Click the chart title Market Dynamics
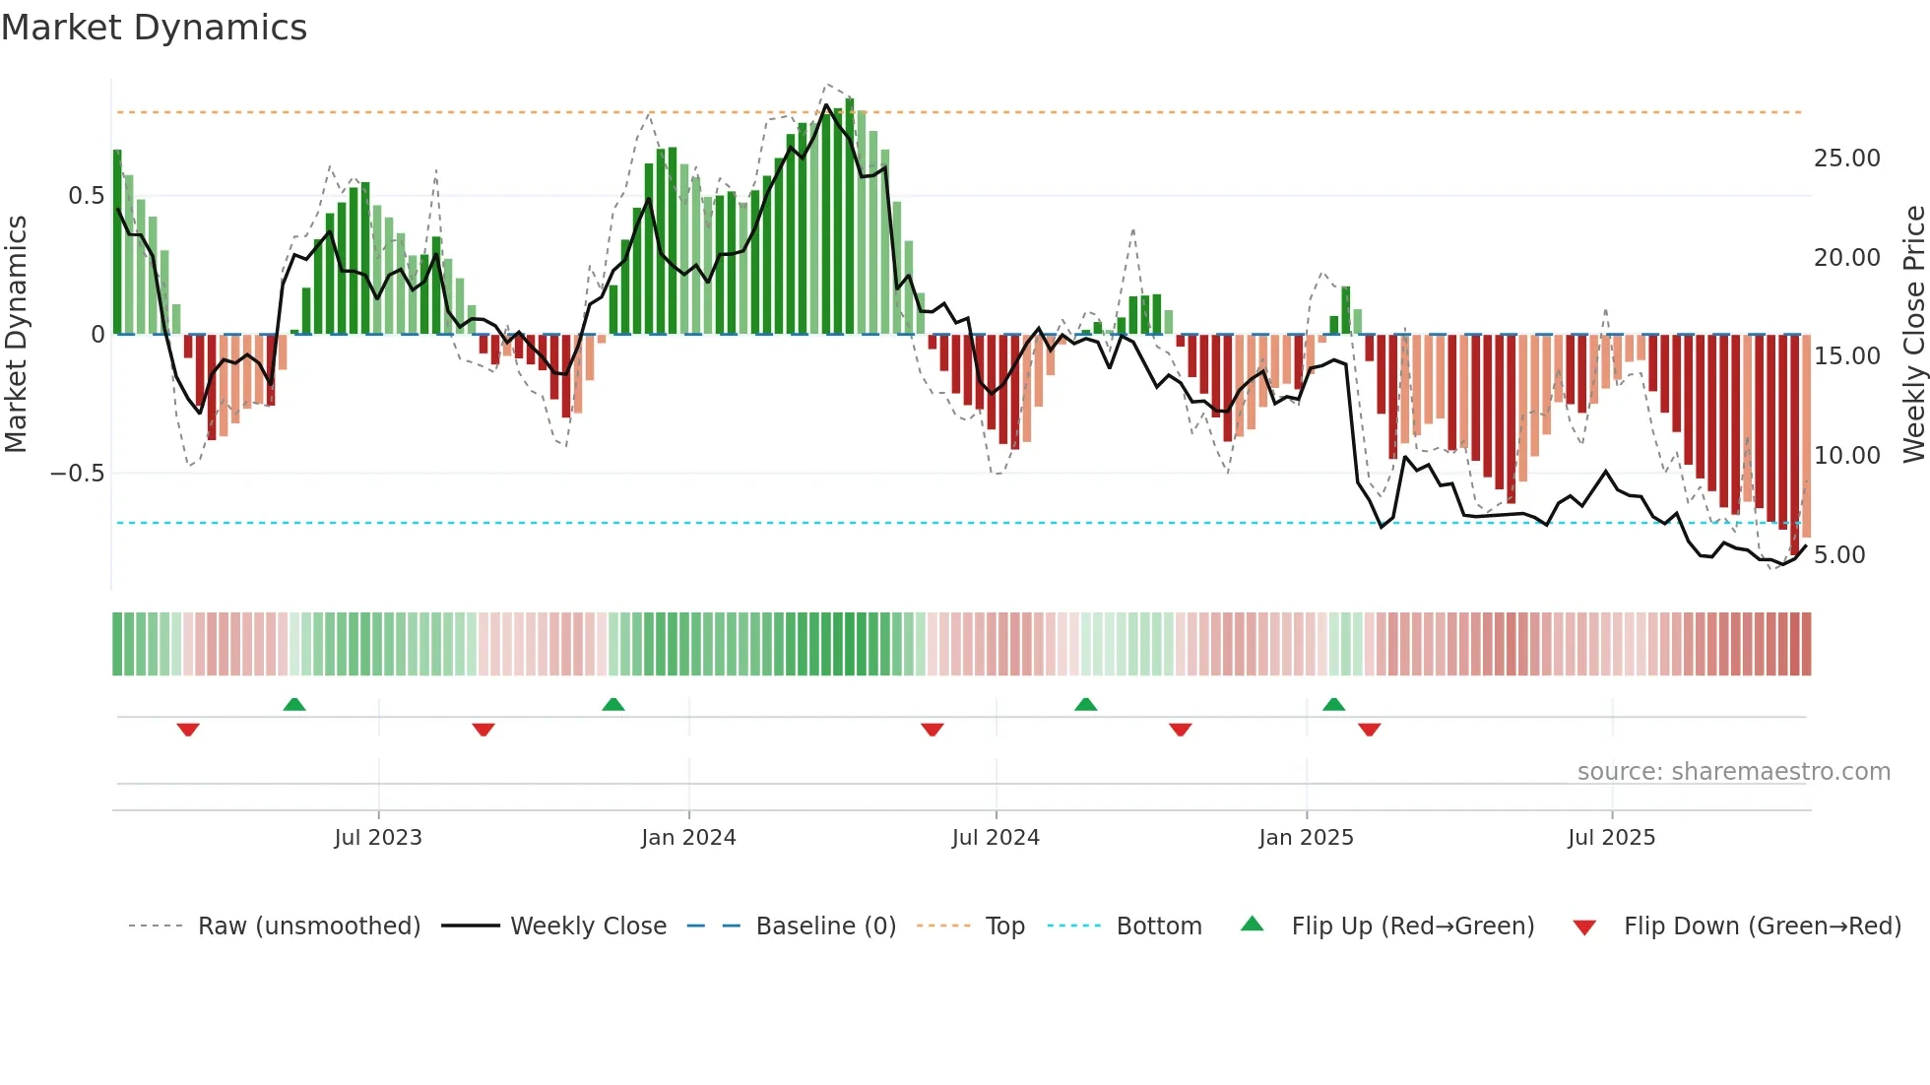click(x=154, y=28)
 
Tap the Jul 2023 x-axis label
click(x=378, y=838)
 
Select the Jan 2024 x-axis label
click(x=688, y=838)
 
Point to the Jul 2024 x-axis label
click(x=996, y=838)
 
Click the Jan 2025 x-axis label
click(x=1306, y=838)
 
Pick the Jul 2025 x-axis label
click(x=1611, y=838)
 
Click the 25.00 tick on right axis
click(x=1846, y=159)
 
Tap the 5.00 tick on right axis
click(x=1839, y=555)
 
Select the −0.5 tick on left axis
click(x=78, y=474)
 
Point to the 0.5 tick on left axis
click(x=87, y=196)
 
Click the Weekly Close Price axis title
click(x=1913, y=334)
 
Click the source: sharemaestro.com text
click(x=1733, y=772)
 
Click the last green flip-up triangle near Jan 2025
click(x=1333, y=704)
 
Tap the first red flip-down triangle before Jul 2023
click(x=188, y=730)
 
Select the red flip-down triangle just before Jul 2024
click(x=932, y=730)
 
